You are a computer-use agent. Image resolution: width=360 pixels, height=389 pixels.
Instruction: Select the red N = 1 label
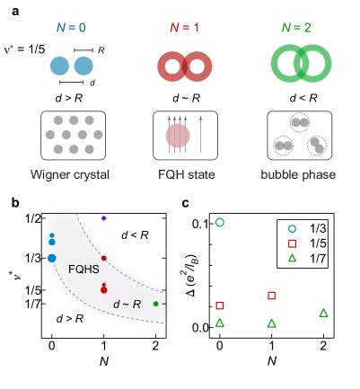tap(184, 28)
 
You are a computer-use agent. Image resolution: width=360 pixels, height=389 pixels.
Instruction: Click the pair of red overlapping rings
tap(184, 66)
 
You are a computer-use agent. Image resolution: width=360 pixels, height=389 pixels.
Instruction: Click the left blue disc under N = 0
tap(59, 66)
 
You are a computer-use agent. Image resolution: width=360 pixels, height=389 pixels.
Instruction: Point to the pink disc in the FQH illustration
tap(178, 136)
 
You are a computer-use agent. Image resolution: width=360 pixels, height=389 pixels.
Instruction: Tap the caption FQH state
tap(185, 173)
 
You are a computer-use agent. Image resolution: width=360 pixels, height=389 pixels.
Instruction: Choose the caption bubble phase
tap(300, 173)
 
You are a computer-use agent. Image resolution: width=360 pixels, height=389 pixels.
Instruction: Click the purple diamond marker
tap(104, 218)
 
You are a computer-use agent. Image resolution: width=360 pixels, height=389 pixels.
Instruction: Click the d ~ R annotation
tap(127, 305)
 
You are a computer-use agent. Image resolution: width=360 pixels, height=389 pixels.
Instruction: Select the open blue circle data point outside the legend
tap(219, 221)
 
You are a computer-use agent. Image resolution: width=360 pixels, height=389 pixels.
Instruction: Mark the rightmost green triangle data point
tap(323, 313)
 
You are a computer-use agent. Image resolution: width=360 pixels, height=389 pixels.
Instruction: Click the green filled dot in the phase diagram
tap(156, 304)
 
